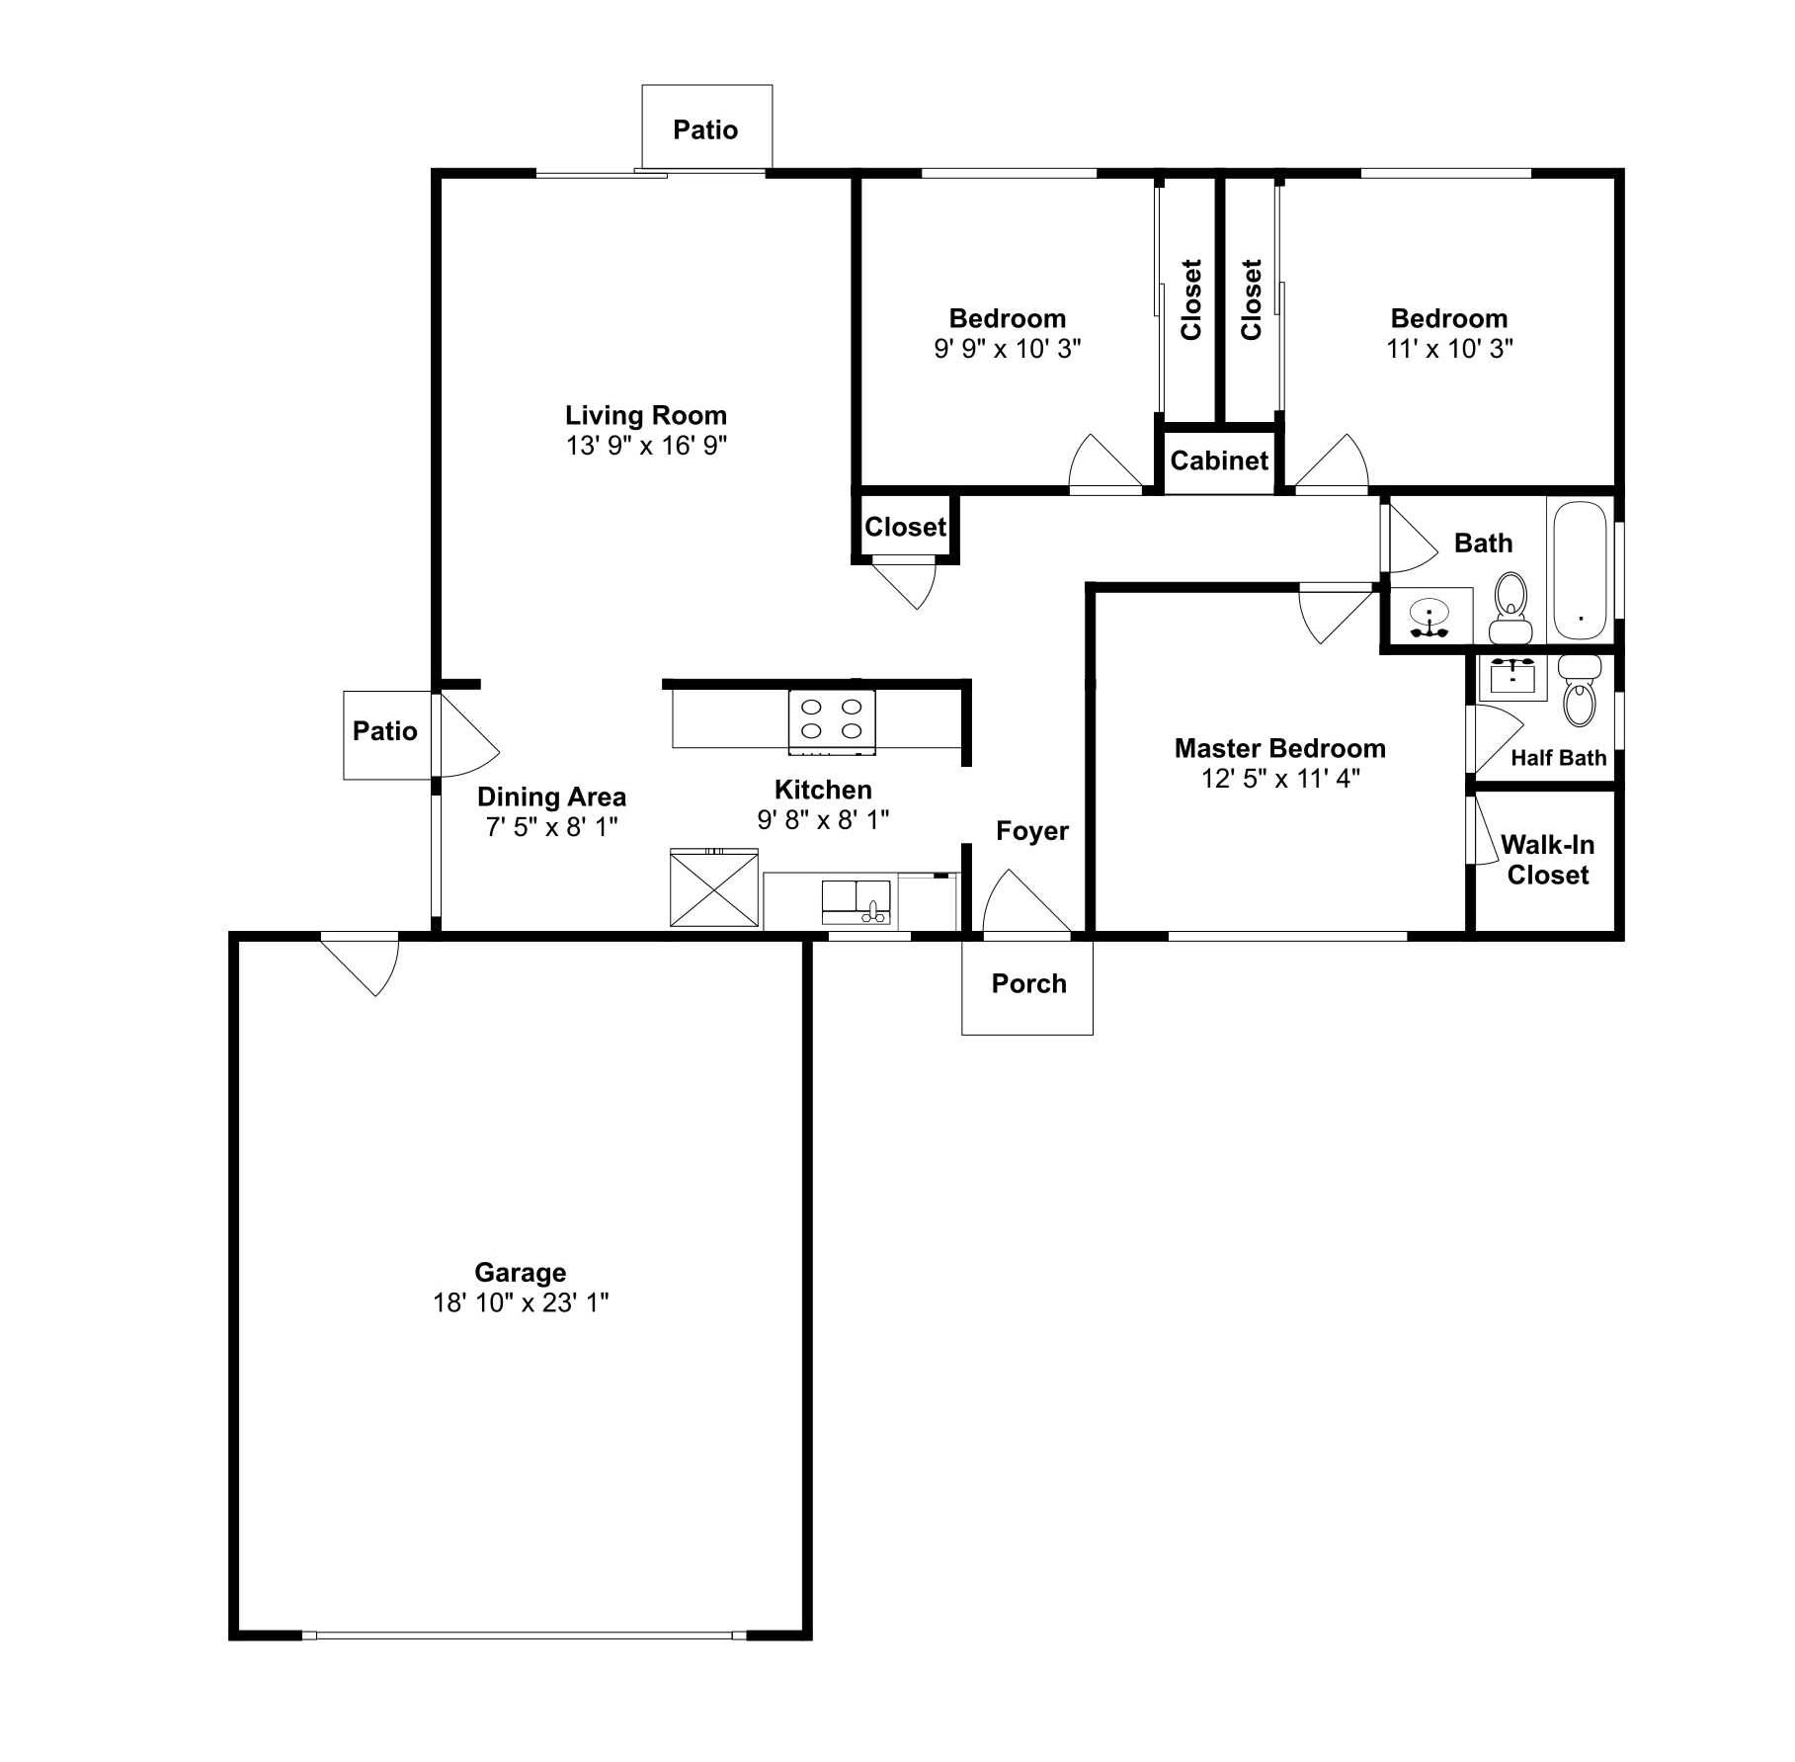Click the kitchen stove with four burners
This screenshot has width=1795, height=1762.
[x=832, y=721]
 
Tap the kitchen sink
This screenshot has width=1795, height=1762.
[x=856, y=902]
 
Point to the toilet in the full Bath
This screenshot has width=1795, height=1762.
[x=1510, y=609]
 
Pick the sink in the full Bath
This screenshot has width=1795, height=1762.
[x=1429, y=617]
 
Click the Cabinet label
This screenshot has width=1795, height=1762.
[x=1219, y=461]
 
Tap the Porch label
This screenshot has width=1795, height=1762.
[x=1028, y=983]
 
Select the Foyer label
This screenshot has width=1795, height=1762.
[x=1031, y=830]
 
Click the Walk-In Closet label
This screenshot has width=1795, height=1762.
[x=1548, y=860]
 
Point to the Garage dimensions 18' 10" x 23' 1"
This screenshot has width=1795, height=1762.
[x=521, y=1302]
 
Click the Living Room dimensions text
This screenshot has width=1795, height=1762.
[x=646, y=445]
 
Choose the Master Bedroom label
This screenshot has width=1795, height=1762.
[x=1279, y=748]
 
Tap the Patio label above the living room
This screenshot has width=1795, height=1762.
[x=705, y=129]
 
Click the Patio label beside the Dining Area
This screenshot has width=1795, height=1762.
[x=384, y=730]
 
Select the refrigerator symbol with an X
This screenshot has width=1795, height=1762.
[x=714, y=888]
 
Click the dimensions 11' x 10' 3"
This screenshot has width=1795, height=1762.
[x=1449, y=348]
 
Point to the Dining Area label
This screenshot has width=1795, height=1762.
[x=551, y=797]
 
